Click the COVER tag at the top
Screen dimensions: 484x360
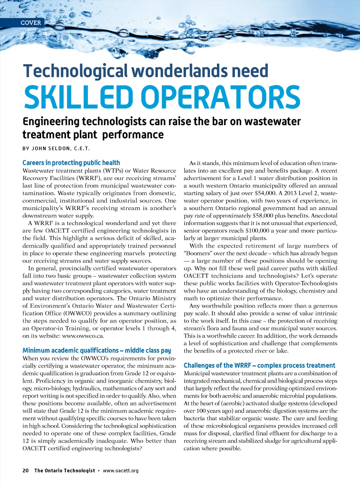pyautogui.click(x=31, y=23)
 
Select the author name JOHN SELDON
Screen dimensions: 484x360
pyautogui.click(x=51, y=148)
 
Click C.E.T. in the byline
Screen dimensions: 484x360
pyautogui.click(x=82, y=148)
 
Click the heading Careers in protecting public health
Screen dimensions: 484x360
pyautogui.click(x=71, y=163)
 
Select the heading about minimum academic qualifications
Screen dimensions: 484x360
pyautogui.click(x=97, y=350)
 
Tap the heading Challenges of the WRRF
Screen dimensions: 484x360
pyautogui.click(x=259, y=365)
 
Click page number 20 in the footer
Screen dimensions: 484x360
pyautogui.click(x=25, y=471)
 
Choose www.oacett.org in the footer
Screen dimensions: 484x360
pyautogui.click(x=121, y=471)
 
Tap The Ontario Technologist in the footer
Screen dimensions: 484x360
pyautogui.click(x=65, y=471)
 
